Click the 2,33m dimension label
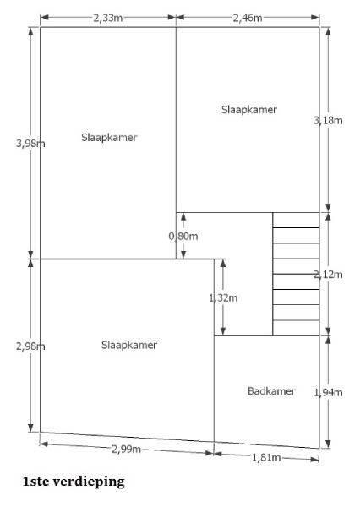(108, 18)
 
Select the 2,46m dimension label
(248, 18)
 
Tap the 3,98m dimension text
(30, 144)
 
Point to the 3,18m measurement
(328, 120)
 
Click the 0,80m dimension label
(183, 236)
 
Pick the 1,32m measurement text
(223, 297)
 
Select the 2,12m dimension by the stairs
(328, 275)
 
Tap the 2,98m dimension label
(30, 346)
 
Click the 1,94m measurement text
(328, 393)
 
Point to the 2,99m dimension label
(127, 450)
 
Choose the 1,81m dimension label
(266, 457)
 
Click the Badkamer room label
(271, 391)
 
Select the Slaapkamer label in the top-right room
(249, 110)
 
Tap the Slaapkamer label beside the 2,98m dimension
(129, 345)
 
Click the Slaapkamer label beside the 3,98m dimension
(109, 138)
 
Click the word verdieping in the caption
(89, 482)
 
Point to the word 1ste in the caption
(35, 482)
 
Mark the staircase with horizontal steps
(296, 274)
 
